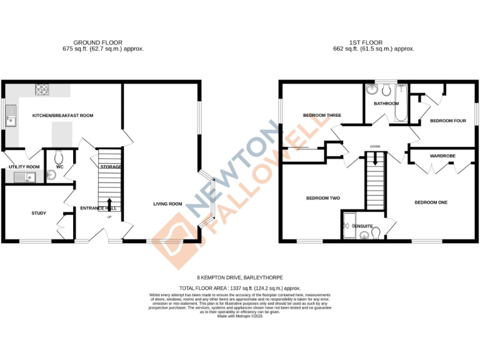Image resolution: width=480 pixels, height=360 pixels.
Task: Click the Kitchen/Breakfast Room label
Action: pyautogui.click(x=62, y=116)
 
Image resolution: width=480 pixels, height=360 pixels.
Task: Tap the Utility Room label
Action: pyautogui.click(x=24, y=167)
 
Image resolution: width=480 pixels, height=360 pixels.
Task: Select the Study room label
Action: pyautogui.click(x=39, y=213)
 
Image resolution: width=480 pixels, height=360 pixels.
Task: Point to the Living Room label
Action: pyautogui.click(x=168, y=204)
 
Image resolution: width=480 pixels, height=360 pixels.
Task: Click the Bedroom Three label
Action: pyautogui.click(x=322, y=116)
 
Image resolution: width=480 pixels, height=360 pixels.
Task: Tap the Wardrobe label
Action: pyautogui.click(x=442, y=155)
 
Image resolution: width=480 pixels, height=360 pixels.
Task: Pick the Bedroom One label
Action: pyautogui.click(x=431, y=202)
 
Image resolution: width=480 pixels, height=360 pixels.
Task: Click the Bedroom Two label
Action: pyautogui.click(x=322, y=198)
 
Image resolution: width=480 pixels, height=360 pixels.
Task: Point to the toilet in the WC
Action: pyautogui.click(x=59, y=157)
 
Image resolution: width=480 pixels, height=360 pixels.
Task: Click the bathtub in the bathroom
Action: pyautogui.click(x=401, y=102)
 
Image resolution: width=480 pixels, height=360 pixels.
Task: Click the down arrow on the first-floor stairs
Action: pyautogui.click(x=375, y=159)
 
